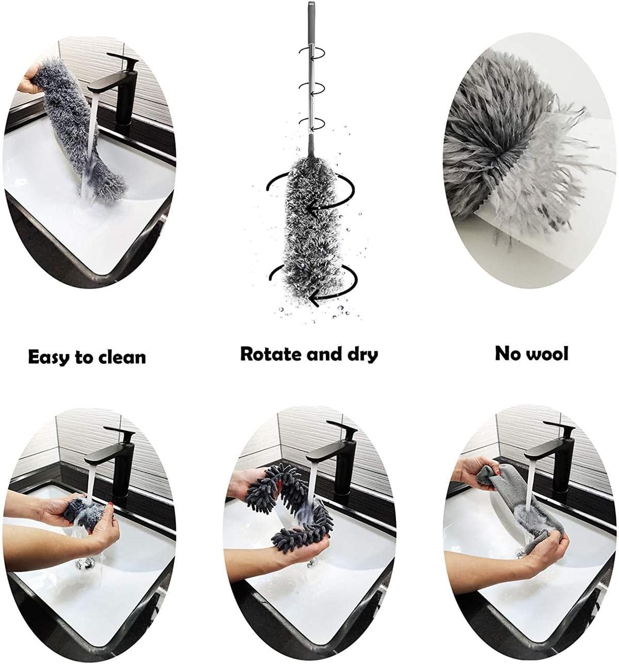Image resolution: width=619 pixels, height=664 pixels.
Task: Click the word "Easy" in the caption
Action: [49, 357]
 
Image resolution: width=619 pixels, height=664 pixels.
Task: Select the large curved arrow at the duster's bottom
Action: [315, 284]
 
